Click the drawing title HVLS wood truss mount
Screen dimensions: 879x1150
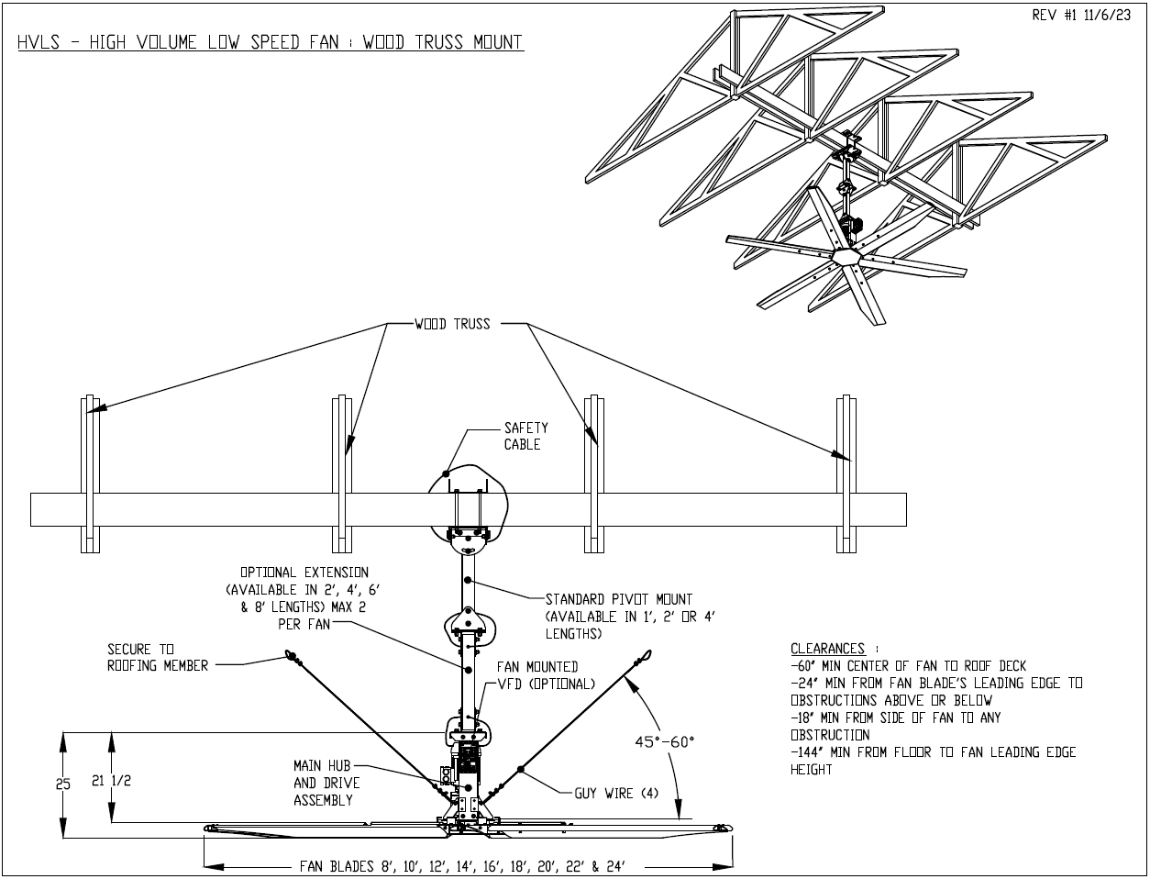click(271, 43)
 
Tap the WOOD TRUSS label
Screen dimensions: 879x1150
click(452, 325)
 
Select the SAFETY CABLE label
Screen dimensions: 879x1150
click(525, 436)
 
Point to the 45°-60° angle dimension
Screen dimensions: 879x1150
click(666, 740)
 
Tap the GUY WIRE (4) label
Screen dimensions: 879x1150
click(616, 793)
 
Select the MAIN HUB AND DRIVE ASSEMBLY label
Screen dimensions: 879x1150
click(326, 783)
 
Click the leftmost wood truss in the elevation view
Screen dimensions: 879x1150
click(90, 474)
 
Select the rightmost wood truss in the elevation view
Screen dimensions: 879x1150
click(846, 474)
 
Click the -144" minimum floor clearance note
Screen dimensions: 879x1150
click(933, 761)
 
